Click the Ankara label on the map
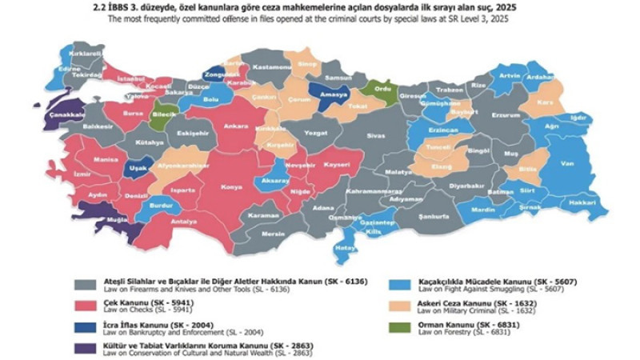click(x=234, y=126)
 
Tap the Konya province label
click(x=232, y=187)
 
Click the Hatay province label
click(x=345, y=248)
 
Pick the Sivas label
click(x=375, y=137)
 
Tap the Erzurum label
click(x=505, y=114)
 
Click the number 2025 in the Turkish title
click(x=505, y=7)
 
